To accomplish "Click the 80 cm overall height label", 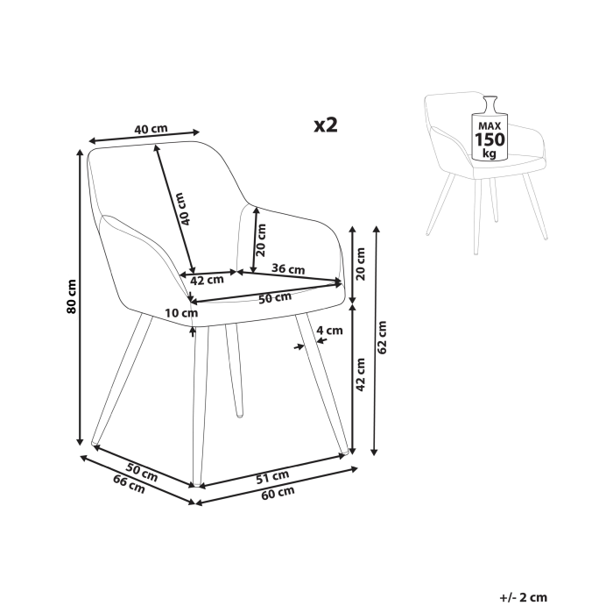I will point(73,297).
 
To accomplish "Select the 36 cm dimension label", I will point(288,268).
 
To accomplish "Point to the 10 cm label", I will point(180,313).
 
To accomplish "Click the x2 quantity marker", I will point(326,125).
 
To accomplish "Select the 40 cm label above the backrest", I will point(151,129).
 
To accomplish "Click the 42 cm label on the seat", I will point(207,281).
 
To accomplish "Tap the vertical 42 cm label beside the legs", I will point(359,375).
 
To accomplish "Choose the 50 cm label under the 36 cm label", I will point(274,298).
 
